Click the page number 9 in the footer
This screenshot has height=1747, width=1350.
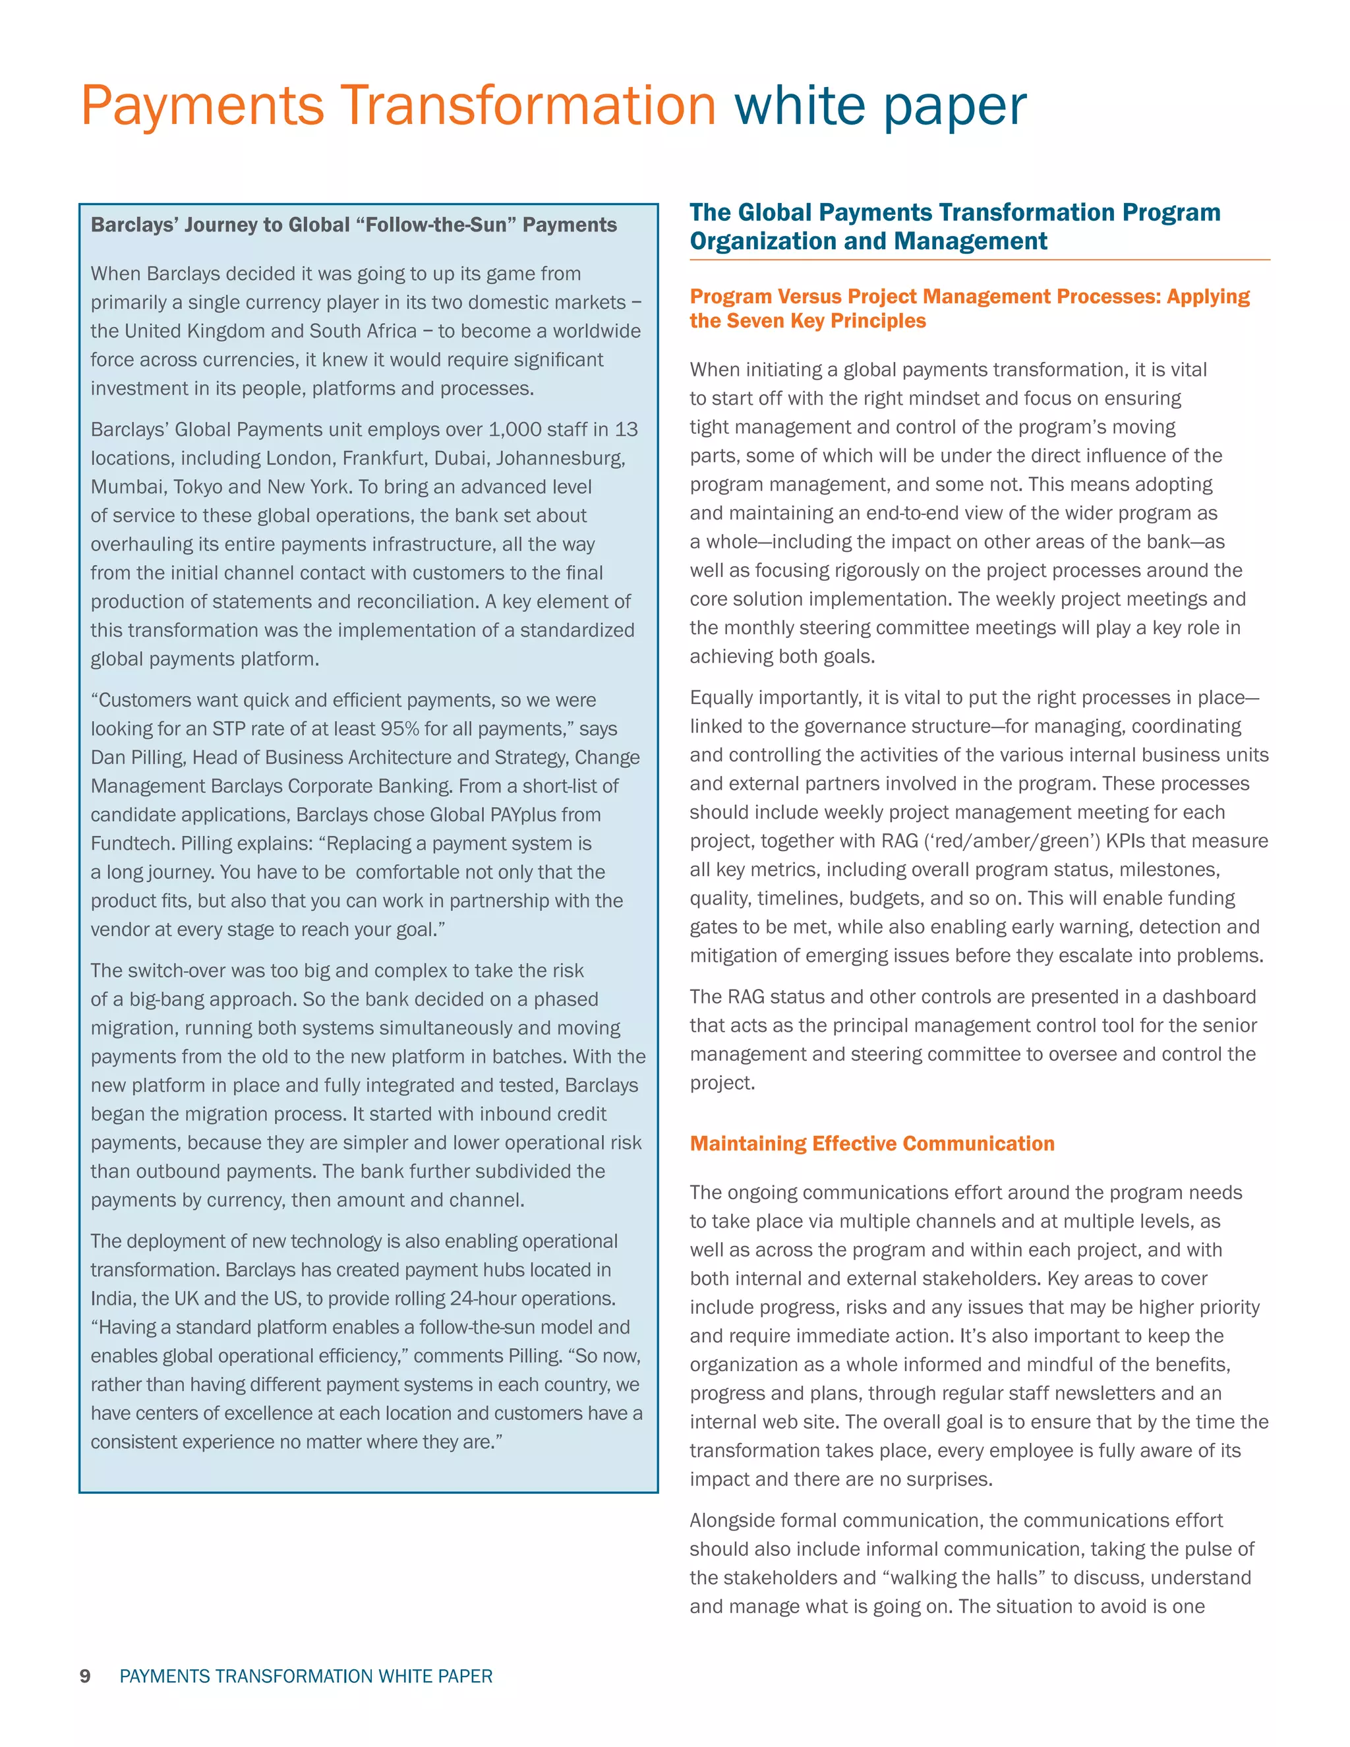click(86, 1676)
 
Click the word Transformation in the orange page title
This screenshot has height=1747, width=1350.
click(528, 106)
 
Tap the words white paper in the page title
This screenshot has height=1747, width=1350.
click(880, 106)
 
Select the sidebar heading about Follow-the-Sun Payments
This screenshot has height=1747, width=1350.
click(353, 225)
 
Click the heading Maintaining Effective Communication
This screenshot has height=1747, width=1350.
click(871, 1143)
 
